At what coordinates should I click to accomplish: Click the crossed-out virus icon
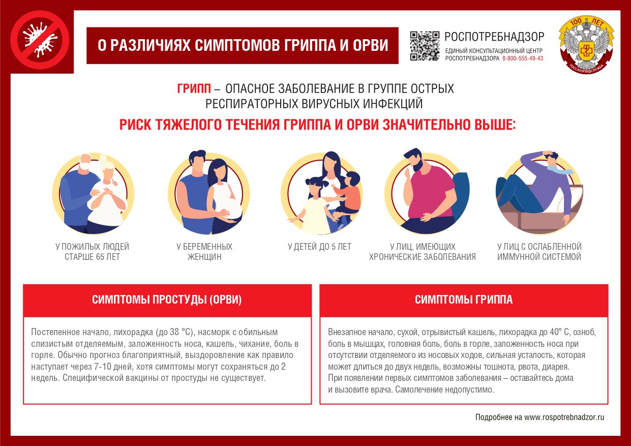click(x=40, y=40)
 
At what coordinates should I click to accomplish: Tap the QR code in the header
click(x=424, y=46)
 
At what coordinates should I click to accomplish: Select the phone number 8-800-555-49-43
click(x=522, y=58)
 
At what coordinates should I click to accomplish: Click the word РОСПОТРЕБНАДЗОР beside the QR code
click(x=494, y=37)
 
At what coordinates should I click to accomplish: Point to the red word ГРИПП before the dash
click(x=194, y=89)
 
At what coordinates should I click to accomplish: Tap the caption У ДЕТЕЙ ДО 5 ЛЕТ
click(x=319, y=247)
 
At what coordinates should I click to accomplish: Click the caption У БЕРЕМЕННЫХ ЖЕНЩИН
click(x=204, y=252)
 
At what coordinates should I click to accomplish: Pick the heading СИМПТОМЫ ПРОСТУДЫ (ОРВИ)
click(x=167, y=300)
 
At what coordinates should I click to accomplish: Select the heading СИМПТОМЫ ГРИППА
click(x=464, y=300)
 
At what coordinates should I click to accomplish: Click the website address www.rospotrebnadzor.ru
click(x=564, y=417)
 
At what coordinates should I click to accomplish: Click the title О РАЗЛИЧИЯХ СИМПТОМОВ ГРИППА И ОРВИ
click(x=243, y=45)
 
